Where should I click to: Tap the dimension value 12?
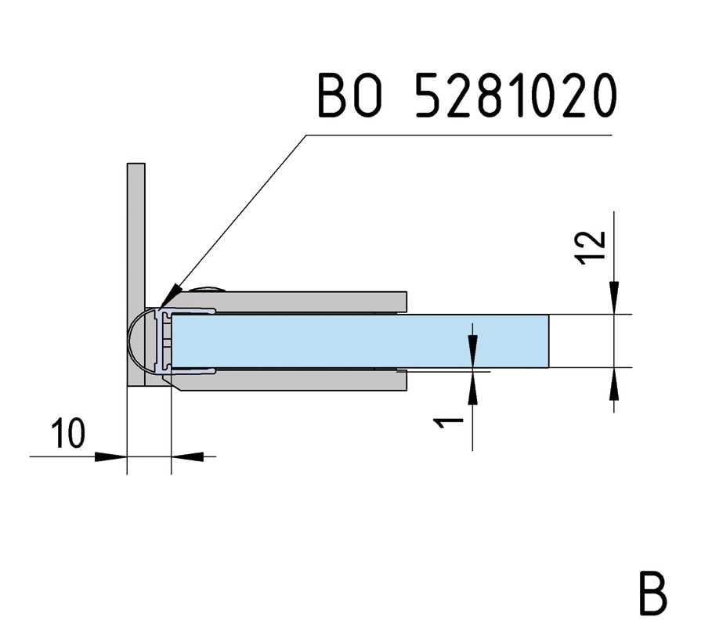(x=592, y=247)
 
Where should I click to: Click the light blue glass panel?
(x=360, y=341)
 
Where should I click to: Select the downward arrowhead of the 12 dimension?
(x=615, y=301)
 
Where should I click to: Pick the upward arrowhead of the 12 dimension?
(x=615, y=381)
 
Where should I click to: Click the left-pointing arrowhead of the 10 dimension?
(x=188, y=456)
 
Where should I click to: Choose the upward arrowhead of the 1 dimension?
(x=473, y=388)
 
